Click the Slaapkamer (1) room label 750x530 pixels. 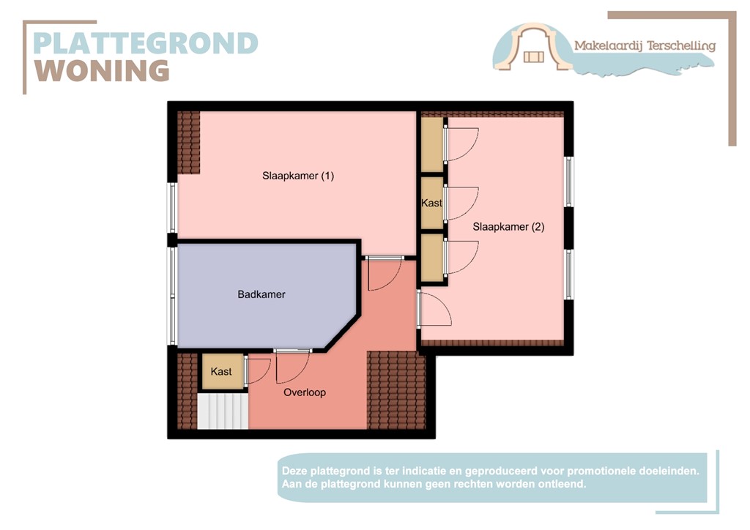coord(298,176)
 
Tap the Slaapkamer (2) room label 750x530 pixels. coord(508,227)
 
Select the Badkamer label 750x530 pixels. coord(261,294)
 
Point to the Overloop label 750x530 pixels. coord(305,392)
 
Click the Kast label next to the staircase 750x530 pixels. coord(221,372)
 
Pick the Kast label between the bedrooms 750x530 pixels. coord(431,203)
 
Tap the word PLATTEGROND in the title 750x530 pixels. coord(146,43)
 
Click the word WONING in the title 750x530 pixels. coord(103,71)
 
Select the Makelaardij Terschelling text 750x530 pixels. coord(645,45)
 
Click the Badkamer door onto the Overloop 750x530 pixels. coord(292,366)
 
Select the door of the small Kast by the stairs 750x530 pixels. coord(257,370)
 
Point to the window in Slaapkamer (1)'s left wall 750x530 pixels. coord(173,207)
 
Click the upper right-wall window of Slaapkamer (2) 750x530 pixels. coord(568,182)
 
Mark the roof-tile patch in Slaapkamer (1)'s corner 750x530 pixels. coord(189,143)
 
